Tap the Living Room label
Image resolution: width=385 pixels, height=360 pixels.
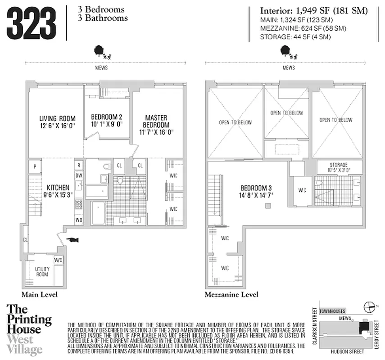coord(57,121)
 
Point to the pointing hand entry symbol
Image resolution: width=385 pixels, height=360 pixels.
coord(72,240)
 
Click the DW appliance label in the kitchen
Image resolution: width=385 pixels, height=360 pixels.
coord(78,175)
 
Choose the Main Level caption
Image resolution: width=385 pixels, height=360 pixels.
coord(40,295)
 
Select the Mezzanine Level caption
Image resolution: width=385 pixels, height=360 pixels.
coord(231,295)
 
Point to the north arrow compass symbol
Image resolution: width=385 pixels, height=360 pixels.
coord(369,307)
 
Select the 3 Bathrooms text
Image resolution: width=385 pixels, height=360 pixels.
coord(103,18)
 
